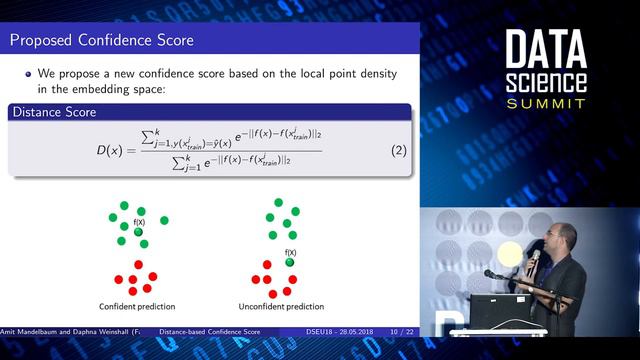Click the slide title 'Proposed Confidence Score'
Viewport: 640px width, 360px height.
[x=101, y=40]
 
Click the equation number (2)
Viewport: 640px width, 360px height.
[x=395, y=150]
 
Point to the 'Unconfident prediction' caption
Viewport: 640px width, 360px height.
[x=282, y=306]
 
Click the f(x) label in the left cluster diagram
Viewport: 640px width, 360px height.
[x=139, y=222]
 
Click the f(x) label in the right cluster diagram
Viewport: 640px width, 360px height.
[x=291, y=252]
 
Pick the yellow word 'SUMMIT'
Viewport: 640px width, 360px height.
[x=547, y=104]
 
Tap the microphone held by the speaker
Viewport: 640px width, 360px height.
[x=535, y=260]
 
